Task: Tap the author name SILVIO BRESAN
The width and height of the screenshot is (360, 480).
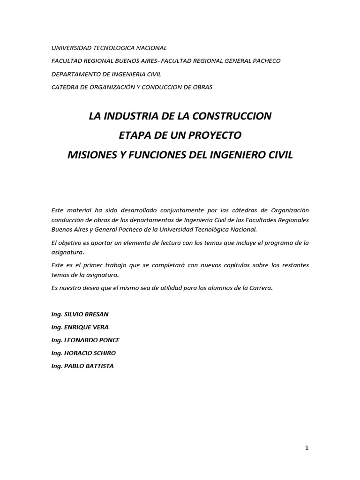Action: [x=87, y=314]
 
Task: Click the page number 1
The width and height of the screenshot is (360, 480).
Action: [x=307, y=448]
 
